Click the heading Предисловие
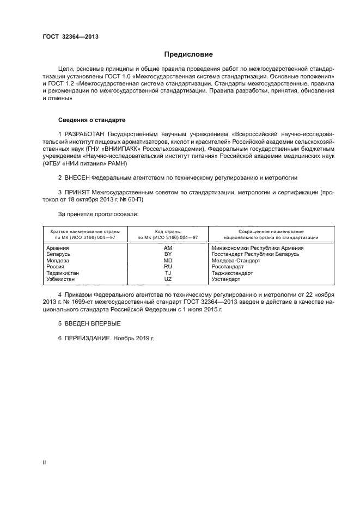[189, 55]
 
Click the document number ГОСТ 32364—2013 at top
[70, 38]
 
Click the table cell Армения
[58, 248]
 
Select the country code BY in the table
[168, 254]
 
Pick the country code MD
[168, 261]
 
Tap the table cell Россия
[56, 267]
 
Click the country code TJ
[168, 273]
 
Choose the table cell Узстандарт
[225, 279]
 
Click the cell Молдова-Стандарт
[235, 261]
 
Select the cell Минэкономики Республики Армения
[257, 248]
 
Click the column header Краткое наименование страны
[83, 231]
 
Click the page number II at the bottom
[44, 462]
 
